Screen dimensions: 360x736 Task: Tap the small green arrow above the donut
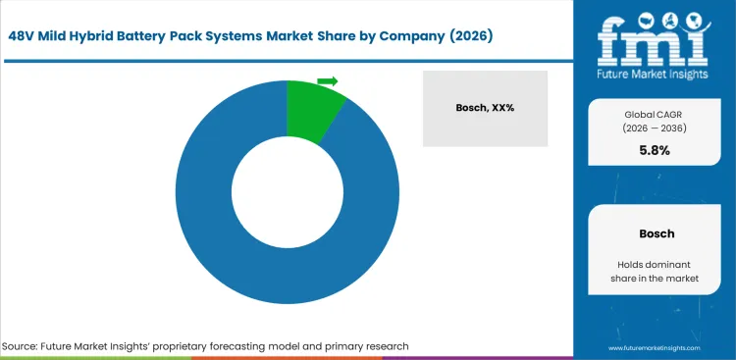328,80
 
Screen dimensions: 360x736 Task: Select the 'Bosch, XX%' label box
485,108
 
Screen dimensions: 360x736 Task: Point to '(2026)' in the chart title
465,35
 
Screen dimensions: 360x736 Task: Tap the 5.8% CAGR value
655,152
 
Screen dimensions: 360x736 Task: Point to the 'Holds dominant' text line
655,266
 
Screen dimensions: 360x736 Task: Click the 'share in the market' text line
655,282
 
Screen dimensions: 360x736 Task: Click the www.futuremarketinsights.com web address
655,347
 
